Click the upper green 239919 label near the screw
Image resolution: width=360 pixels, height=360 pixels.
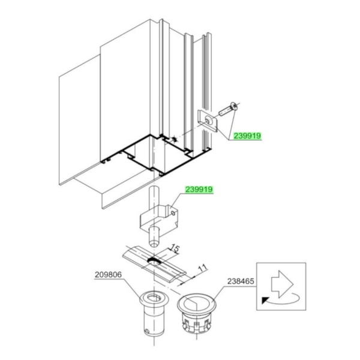[247, 136]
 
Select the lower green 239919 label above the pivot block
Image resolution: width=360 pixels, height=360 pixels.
[199, 190]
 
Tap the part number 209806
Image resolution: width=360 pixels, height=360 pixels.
[108, 275]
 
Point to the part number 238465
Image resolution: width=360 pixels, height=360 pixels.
[241, 281]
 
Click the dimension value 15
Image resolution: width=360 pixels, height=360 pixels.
[175, 248]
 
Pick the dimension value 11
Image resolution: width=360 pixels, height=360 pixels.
[203, 268]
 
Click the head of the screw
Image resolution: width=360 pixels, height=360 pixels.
[234, 106]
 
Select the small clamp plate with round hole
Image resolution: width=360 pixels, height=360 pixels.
[208, 121]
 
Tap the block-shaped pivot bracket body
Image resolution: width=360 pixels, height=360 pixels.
[158, 220]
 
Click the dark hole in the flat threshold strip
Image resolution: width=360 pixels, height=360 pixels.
[154, 261]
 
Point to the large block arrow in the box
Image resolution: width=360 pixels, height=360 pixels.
[282, 284]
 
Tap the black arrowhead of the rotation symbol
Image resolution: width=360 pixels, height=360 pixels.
[265, 301]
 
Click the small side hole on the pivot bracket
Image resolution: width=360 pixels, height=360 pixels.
[173, 213]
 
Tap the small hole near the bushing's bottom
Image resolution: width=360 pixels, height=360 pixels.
[147, 331]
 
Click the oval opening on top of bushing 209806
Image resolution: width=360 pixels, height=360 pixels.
[154, 298]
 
